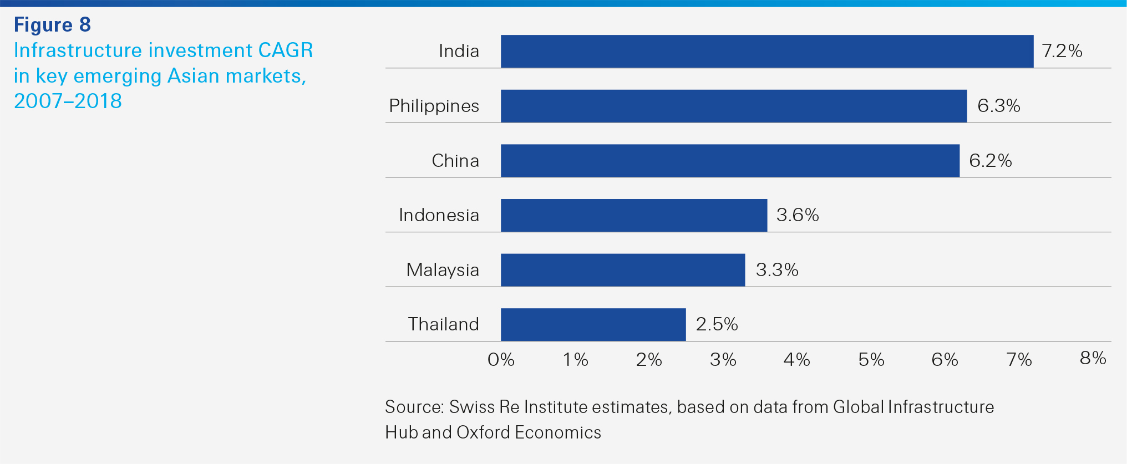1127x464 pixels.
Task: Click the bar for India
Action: tap(767, 52)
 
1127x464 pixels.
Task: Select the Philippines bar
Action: tap(734, 106)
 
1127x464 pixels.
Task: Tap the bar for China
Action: tap(730, 161)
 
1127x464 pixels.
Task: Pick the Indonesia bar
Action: tap(634, 215)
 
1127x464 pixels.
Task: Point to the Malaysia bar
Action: tap(623, 270)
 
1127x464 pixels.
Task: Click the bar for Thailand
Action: tap(593, 324)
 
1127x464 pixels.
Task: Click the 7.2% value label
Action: tap(1062, 51)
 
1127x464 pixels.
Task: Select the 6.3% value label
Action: tap(998, 105)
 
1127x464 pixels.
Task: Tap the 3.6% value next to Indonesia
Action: tap(798, 215)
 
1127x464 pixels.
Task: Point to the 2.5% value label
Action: tap(717, 324)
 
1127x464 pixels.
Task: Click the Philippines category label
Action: tap(434, 105)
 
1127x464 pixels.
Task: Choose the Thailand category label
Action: tap(443, 324)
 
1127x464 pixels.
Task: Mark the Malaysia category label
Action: tap(442, 269)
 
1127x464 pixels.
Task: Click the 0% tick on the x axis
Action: tap(501, 360)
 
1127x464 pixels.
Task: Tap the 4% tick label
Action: tap(796, 360)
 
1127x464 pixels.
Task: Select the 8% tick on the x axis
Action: tap(1093, 358)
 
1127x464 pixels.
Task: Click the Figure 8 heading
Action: tap(52, 24)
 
